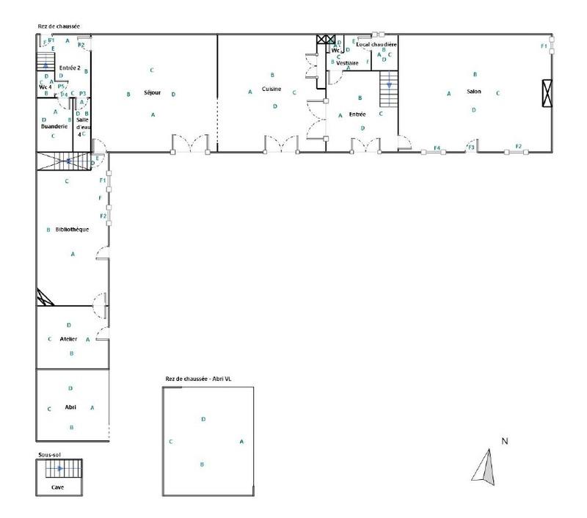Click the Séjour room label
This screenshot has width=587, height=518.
pyautogui.click(x=152, y=92)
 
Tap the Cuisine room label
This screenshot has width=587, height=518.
pyautogui.click(x=271, y=89)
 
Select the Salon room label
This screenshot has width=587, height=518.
pyautogui.click(x=474, y=91)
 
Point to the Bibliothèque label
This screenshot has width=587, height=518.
pyautogui.click(x=72, y=230)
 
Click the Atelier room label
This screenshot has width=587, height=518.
pyautogui.click(x=69, y=339)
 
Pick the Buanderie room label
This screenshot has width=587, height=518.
pyautogui.click(x=54, y=126)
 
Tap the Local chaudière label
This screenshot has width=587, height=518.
pyautogui.click(x=376, y=45)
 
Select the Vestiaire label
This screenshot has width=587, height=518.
pyautogui.click(x=347, y=63)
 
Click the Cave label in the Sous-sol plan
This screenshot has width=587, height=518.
pyautogui.click(x=56, y=486)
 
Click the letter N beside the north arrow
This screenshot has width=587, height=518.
pyautogui.click(x=505, y=441)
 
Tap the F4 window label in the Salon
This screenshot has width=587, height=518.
pyautogui.click(x=437, y=148)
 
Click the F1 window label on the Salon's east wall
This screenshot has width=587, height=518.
pyautogui.click(x=544, y=46)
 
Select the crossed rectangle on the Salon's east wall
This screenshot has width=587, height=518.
pyautogui.click(x=547, y=92)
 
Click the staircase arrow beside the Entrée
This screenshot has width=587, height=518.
pyautogui.click(x=389, y=84)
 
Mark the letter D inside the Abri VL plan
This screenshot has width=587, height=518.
pyautogui.click(x=203, y=419)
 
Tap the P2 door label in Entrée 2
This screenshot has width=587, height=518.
pyautogui.click(x=81, y=45)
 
